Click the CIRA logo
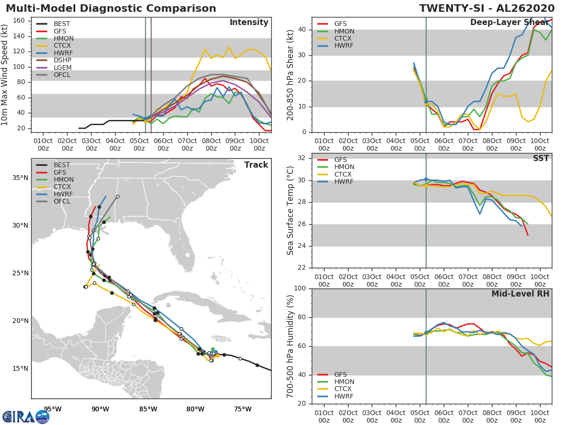point(26,416)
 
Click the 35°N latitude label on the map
point(20,178)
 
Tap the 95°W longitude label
point(53,409)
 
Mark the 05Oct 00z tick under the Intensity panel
point(139,144)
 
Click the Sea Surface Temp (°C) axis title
point(290,211)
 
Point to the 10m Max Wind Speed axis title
point(4,75)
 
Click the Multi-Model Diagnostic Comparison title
point(111,8)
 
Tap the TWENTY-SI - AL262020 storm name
point(487,8)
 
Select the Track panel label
point(256,165)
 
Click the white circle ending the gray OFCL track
point(117,196)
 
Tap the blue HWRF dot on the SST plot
point(426,179)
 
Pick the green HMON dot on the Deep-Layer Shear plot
point(426,99)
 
